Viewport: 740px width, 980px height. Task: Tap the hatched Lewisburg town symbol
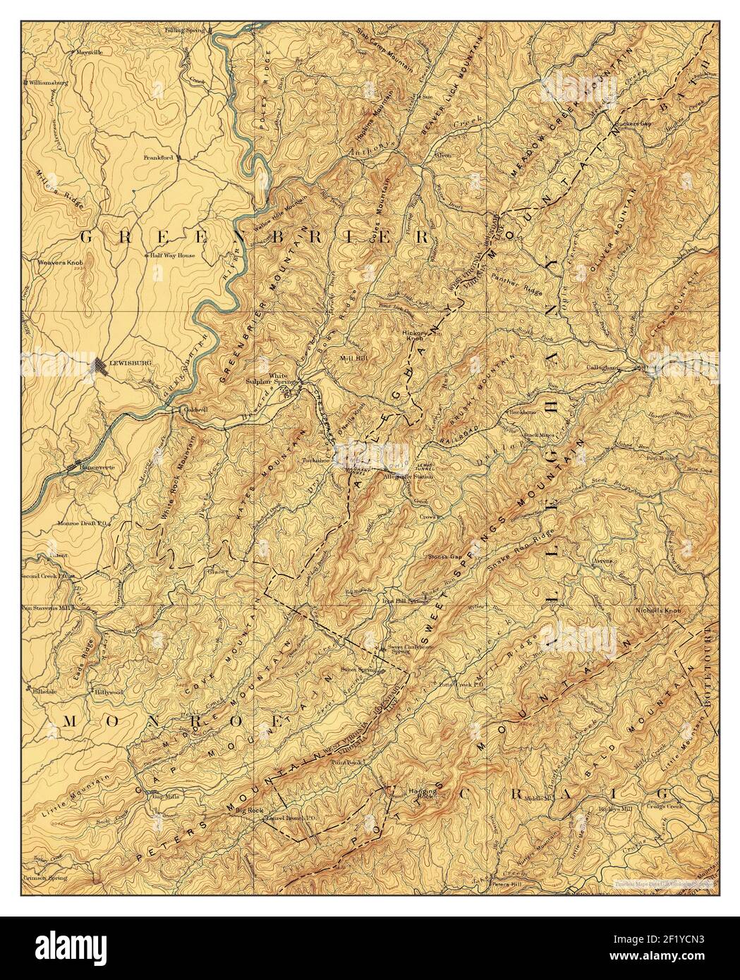click(99, 365)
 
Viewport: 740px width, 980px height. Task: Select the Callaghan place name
click(602, 367)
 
